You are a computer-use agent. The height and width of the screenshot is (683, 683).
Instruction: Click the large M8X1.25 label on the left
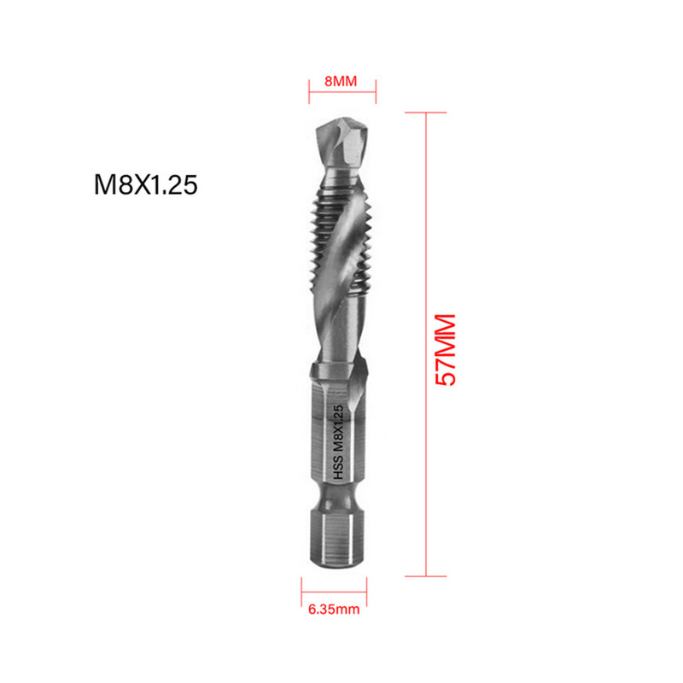[x=145, y=185]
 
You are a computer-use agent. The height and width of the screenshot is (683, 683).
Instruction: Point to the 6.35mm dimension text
[x=334, y=611]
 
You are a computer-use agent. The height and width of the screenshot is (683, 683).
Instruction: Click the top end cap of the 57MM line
[x=425, y=112]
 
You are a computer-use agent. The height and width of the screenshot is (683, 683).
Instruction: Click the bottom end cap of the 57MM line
[x=425, y=576]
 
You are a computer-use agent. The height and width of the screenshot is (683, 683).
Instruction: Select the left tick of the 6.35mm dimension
[x=301, y=589]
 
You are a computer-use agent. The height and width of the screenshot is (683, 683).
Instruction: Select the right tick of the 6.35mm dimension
[x=368, y=589]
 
